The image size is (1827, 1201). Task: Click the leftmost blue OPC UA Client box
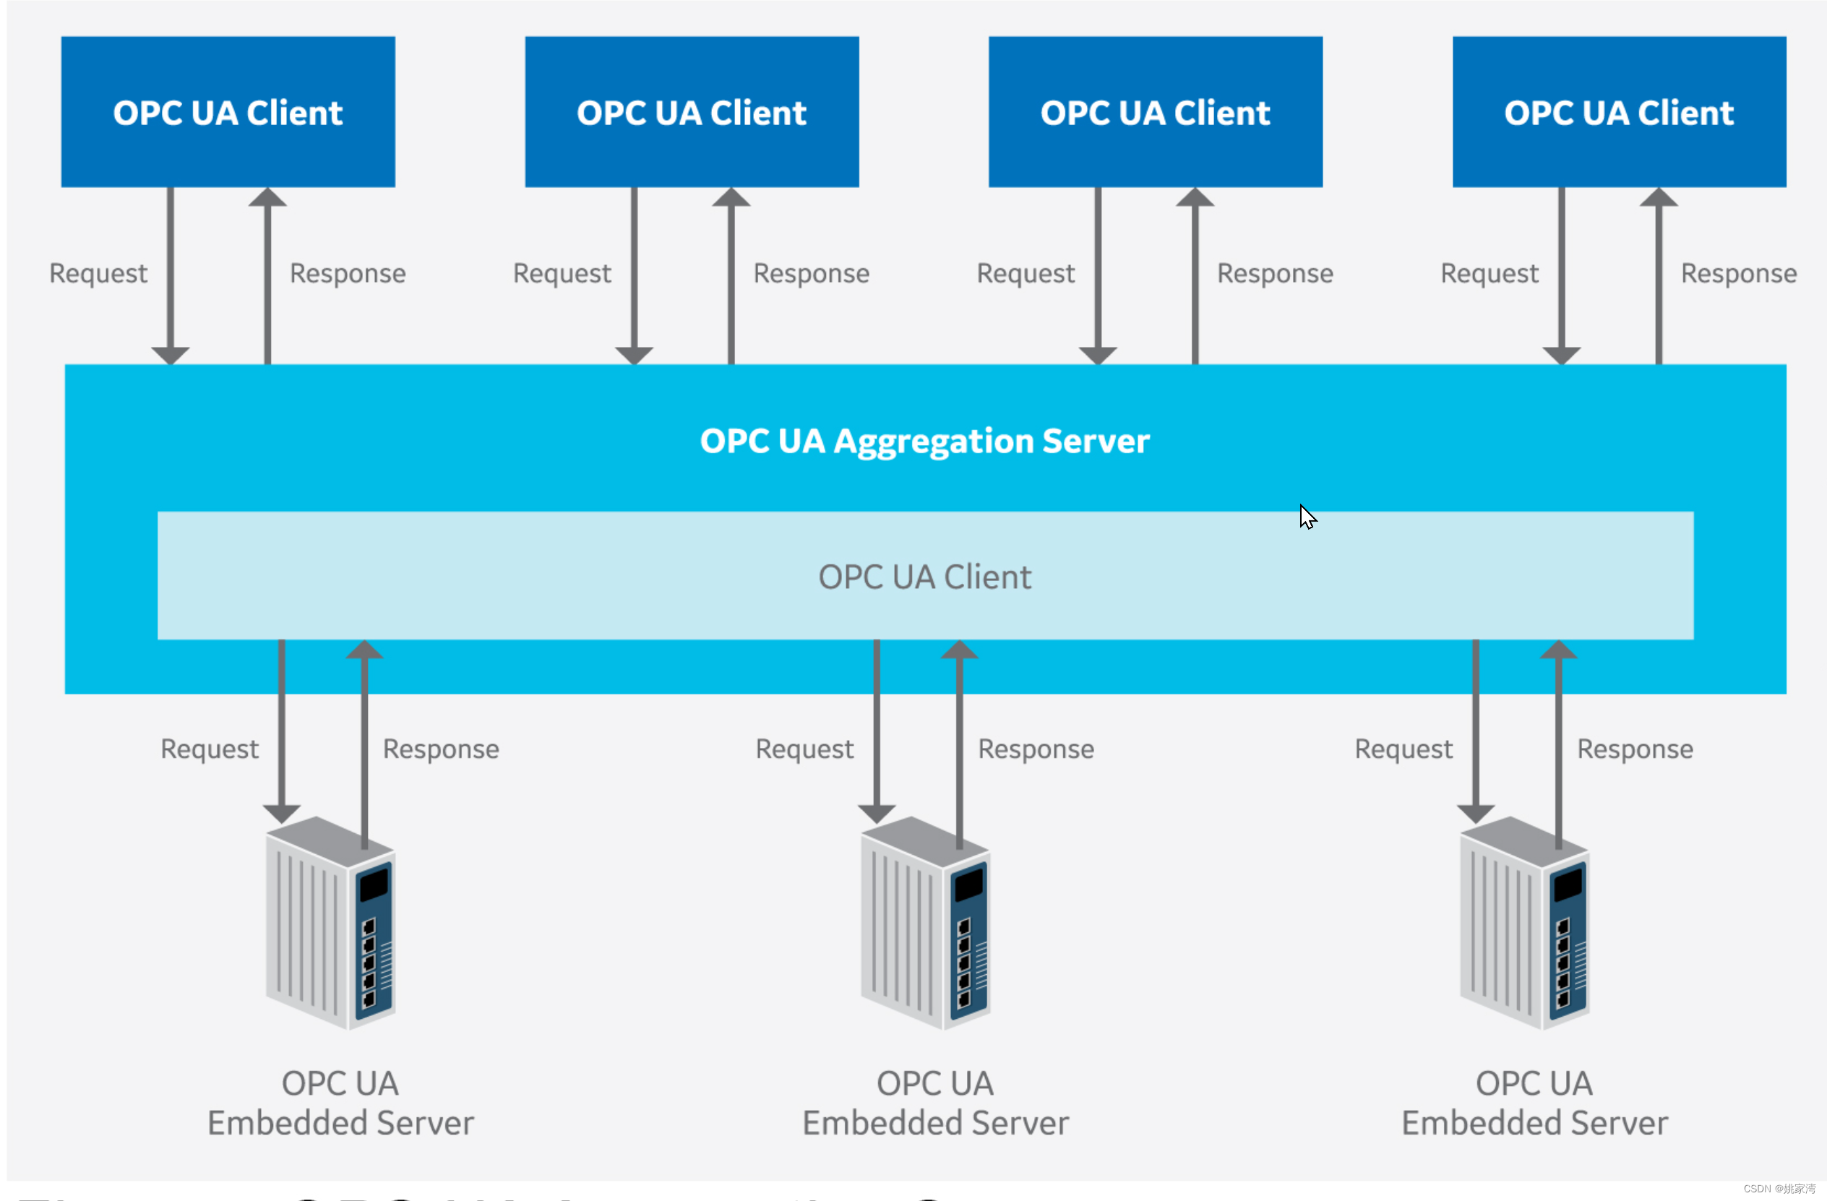click(x=228, y=112)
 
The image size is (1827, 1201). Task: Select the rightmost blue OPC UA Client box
click(x=1618, y=112)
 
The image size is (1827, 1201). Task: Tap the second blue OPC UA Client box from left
click(x=691, y=112)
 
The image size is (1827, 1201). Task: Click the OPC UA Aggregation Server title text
click(x=924, y=442)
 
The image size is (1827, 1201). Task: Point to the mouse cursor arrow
click(x=1307, y=517)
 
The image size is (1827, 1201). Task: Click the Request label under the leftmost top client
click(x=98, y=274)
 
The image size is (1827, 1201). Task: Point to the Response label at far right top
click(x=1738, y=274)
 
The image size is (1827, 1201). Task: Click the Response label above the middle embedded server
click(x=1036, y=749)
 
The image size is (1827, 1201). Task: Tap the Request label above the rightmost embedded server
click(x=1403, y=749)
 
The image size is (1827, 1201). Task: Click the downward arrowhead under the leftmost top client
click(x=171, y=355)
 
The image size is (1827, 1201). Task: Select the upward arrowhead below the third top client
click(x=1195, y=198)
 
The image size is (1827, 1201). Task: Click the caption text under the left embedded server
click(x=340, y=1103)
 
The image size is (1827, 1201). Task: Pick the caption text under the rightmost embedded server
click(x=1534, y=1103)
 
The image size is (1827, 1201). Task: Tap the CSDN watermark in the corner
click(x=1779, y=1189)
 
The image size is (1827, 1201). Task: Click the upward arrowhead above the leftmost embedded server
click(x=364, y=650)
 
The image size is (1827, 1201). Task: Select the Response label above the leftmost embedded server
click(x=441, y=749)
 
